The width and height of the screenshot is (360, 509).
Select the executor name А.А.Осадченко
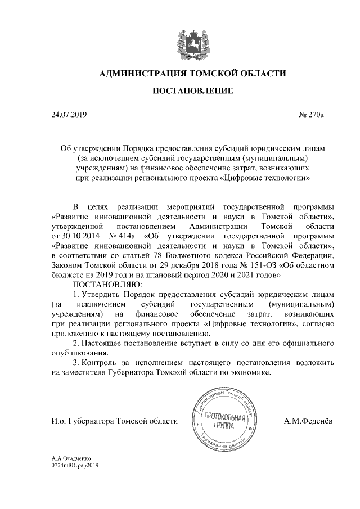coord(71,459)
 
